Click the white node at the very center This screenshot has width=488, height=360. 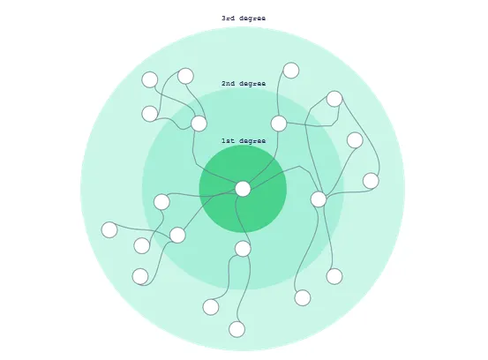[243, 189]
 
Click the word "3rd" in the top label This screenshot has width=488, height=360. [228, 18]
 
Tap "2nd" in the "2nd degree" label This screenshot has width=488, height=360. [228, 84]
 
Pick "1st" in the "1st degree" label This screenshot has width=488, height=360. [228, 141]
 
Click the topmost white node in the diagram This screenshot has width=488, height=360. [291, 71]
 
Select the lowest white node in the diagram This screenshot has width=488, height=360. [236, 329]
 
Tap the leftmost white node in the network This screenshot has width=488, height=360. [109, 230]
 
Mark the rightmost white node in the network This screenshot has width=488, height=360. [371, 181]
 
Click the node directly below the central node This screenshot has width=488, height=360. [243, 249]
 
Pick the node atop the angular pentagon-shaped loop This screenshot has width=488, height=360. [334, 99]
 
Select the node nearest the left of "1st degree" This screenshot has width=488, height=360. [199, 124]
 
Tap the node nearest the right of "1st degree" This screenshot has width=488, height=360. [279, 124]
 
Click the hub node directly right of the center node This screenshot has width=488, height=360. [319, 199]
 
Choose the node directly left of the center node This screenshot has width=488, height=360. [161, 202]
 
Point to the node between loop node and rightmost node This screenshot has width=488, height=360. [355, 140]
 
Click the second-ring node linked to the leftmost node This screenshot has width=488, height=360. [177, 235]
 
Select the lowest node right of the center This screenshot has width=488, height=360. [303, 297]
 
